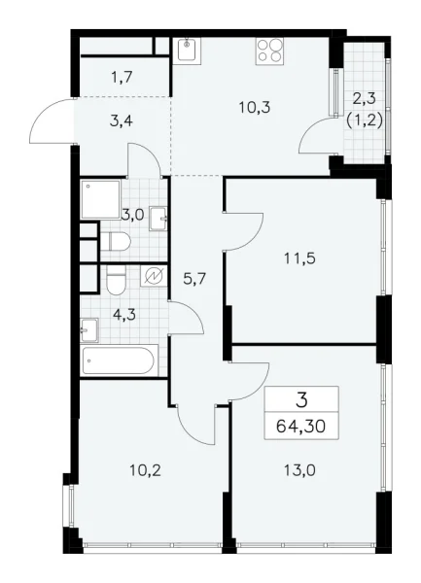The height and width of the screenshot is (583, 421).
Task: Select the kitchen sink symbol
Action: coord(188,50)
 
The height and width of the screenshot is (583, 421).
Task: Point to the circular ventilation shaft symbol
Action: coord(154,277)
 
